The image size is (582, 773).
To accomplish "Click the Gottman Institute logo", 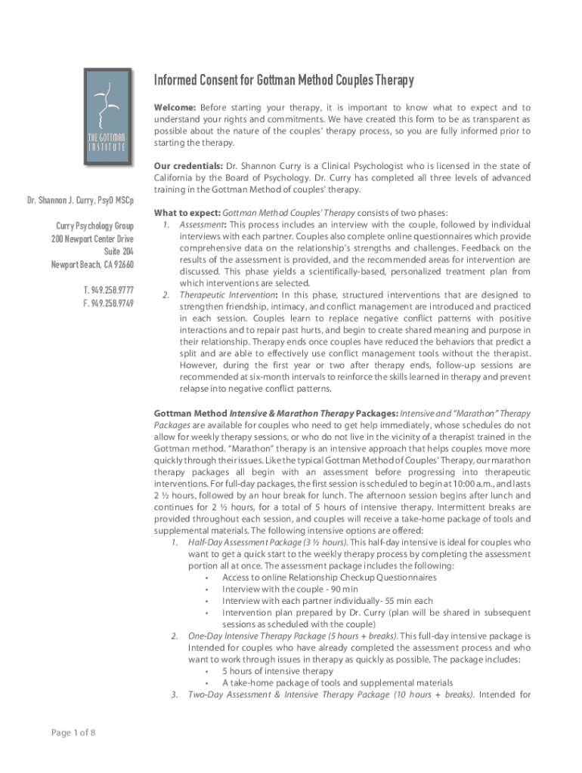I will coord(110,118).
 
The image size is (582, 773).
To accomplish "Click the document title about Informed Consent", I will coord(283,81).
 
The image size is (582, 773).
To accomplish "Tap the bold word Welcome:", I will coord(175,108).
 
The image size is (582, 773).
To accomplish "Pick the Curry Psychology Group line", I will coord(94,226).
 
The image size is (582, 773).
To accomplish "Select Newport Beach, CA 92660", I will coord(92,264).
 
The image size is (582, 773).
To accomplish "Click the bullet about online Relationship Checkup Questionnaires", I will coord(329,577).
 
